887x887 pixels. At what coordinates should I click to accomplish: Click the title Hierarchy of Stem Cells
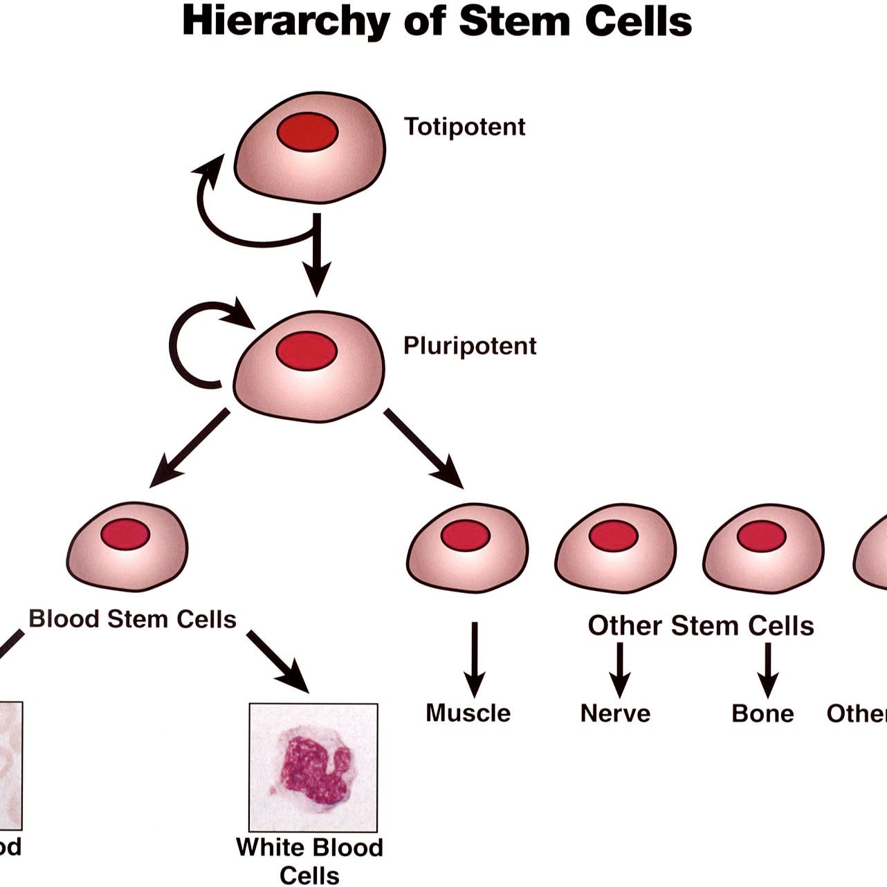[437, 21]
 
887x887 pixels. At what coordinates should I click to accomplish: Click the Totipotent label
[464, 127]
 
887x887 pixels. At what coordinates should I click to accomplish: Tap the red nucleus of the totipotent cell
[307, 132]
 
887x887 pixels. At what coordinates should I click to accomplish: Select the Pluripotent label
[470, 345]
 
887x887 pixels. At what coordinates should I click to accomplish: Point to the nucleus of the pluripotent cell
[307, 351]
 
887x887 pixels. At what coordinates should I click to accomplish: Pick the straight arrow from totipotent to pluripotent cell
[317, 256]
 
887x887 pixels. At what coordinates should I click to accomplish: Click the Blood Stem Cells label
[132, 619]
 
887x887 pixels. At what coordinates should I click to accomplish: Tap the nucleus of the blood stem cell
[125, 534]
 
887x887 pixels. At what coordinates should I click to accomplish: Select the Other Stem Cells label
[700, 625]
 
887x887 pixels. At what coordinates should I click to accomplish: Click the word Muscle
[468, 713]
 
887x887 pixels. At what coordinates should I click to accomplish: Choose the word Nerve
[615, 713]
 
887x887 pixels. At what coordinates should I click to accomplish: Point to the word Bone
[762, 713]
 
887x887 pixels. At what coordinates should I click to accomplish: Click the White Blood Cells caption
[309, 860]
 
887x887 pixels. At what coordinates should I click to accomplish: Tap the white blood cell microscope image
[313, 767]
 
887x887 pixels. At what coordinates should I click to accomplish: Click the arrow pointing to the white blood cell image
[279, 661]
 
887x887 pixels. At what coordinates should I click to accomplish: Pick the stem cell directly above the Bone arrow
[763, 549]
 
